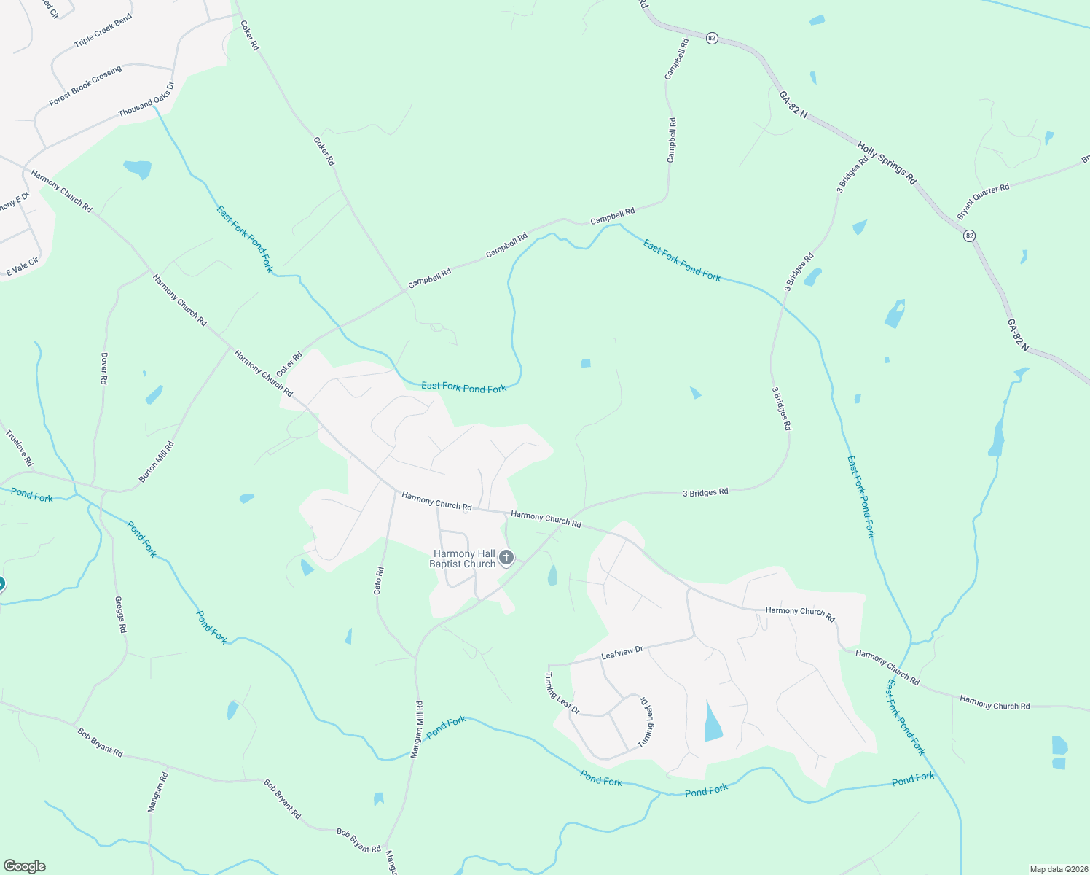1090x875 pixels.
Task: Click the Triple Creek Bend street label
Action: click(103, 31)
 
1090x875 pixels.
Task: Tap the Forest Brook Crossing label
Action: click(85, 87)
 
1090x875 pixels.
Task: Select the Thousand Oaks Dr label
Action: click(146, 100)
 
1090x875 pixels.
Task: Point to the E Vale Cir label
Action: click(23, 267)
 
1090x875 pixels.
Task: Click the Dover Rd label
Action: click(104, 369)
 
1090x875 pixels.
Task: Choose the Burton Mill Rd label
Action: click(157, 462)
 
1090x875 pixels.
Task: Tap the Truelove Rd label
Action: click(20, 448)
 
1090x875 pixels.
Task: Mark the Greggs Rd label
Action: click(121, 615)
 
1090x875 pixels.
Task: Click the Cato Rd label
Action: click(378, 580)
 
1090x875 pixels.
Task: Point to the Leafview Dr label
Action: click(622, 653)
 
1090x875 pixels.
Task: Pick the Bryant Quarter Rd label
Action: click(983, 201)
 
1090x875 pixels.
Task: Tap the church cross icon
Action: click(506, 559)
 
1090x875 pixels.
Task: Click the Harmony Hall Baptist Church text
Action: click(463, 559)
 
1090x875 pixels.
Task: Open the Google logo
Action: click(24, 866)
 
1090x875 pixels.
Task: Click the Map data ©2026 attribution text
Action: click(1058, 869)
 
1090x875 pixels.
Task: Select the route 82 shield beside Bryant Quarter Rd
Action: click(969, 236)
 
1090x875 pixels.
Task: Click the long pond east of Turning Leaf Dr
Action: click(713, 723)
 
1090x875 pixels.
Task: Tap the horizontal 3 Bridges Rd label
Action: click(705, 493)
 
